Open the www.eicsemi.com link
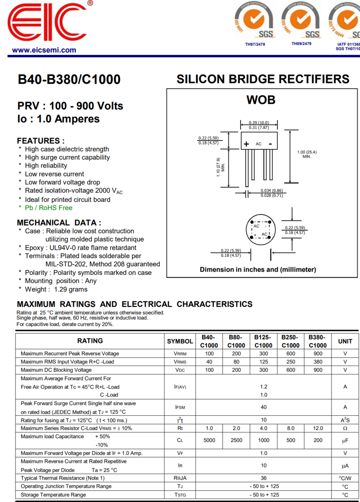click(x=44, y=50)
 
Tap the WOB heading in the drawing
click(x=261, y=100)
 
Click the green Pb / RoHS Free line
click(x=49, y=208)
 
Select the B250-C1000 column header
click(x=291, y=341)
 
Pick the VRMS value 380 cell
click(x=318, y=362)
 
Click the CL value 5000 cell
click(x=209, y=440)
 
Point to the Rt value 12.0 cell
click(x=318, y=428)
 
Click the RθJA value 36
click(x=263, y=478)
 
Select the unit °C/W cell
click(x=345, y=478)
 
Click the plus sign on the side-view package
click(x=247, y=144)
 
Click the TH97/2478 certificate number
click(x=255, y=44)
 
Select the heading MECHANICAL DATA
click(x=59, y=223)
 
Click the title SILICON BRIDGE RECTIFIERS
click(x=263, y=79)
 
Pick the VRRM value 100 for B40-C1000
click(x=209, y=353)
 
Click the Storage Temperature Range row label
click(x=53, y=495)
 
